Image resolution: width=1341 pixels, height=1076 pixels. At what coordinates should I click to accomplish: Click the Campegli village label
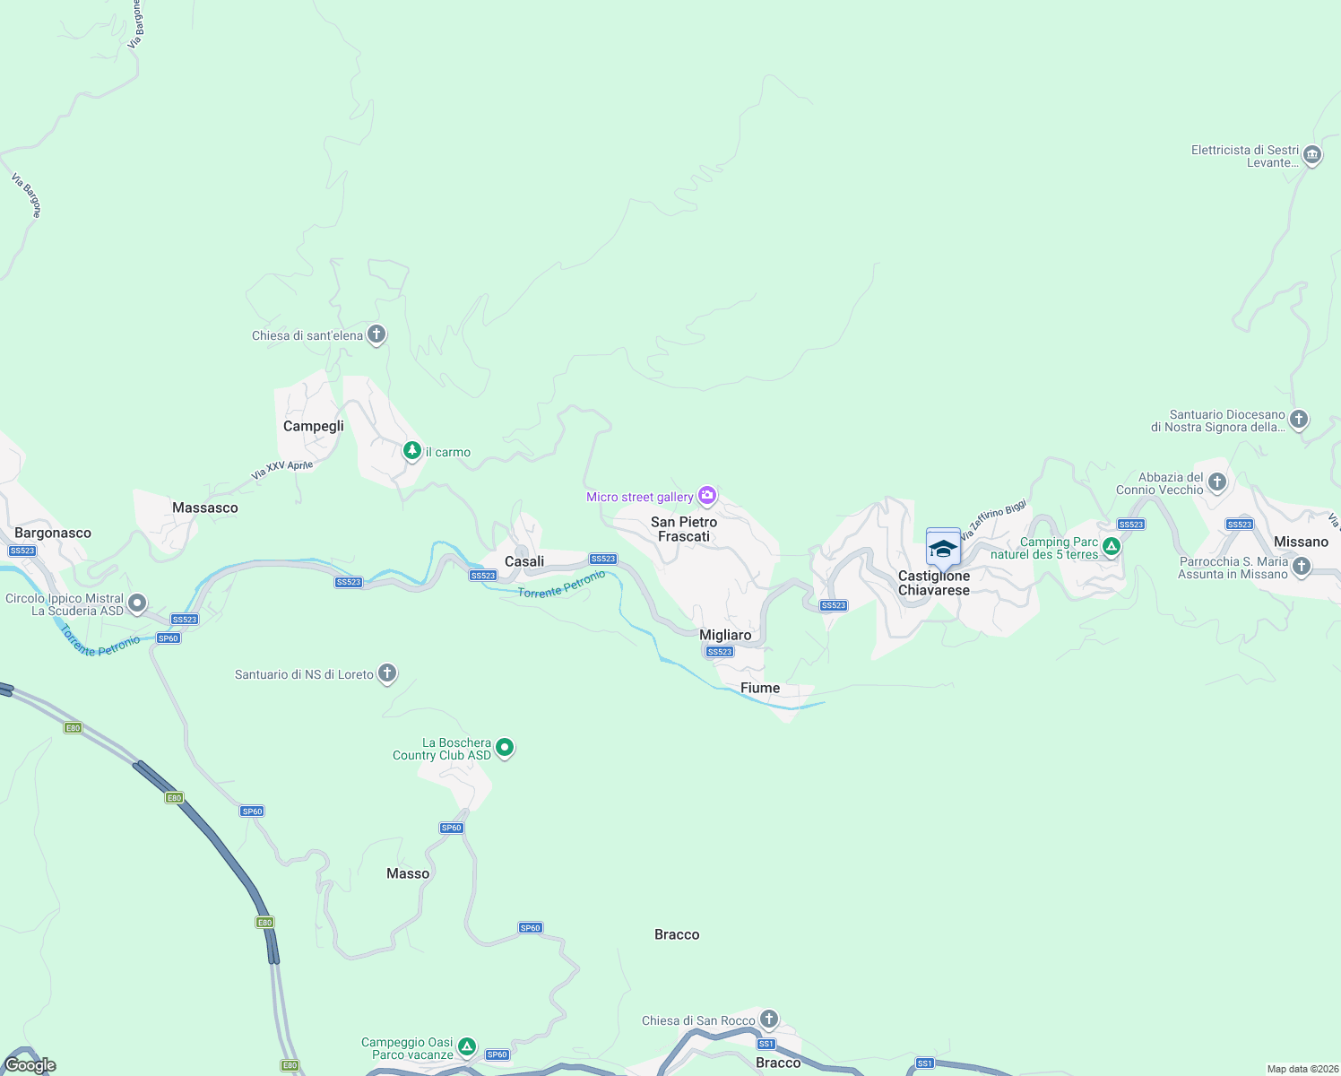[313, 426]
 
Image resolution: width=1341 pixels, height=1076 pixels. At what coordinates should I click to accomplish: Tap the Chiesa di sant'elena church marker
[376, 335]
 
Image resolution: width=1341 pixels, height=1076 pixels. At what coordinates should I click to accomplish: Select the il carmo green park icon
[412, 450]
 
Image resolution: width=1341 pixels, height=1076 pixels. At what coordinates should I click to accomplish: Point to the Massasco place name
[205, 508]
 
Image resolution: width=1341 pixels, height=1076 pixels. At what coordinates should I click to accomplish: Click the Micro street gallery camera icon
[707, 495]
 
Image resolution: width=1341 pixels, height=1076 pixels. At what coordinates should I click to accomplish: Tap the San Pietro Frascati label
[684, 529]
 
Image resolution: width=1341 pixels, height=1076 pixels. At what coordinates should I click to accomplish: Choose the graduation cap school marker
[943, 547]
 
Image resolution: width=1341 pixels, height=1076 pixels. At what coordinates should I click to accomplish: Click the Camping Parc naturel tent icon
[1112, 546]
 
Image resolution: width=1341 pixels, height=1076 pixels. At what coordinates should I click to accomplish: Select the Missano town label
[1301, 542]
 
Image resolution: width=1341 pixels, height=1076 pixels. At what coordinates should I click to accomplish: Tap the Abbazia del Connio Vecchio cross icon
[1216, 482]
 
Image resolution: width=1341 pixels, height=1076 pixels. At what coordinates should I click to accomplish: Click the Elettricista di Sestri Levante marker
[1311, 155]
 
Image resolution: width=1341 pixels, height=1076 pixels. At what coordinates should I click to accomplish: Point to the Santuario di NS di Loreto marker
[387, 672]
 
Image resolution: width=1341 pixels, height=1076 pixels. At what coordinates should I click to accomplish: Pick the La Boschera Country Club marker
[505, 747]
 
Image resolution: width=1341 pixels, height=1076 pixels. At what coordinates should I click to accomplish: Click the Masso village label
[408, 873]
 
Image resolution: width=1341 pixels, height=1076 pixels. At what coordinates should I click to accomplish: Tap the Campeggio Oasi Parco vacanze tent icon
[466, 1046]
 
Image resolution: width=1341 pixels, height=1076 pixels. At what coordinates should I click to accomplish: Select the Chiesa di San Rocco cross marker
[768, 1019]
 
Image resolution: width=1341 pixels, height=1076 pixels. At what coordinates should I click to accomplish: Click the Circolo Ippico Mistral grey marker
[137, 603]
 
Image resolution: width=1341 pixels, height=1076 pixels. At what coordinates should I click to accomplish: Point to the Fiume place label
[760, 688]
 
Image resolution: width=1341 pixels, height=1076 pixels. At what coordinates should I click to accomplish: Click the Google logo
[30, 1065]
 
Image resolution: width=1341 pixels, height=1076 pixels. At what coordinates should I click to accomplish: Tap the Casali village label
[524, 561]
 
